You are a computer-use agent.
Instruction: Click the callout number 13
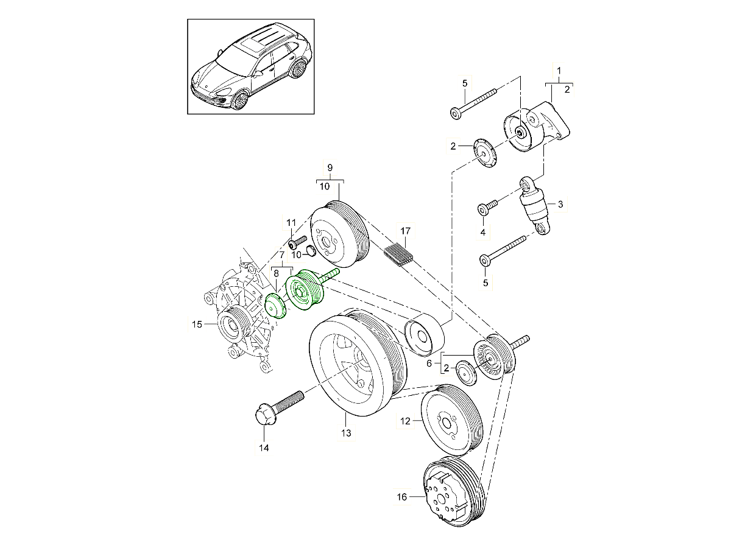[x=346, y=434]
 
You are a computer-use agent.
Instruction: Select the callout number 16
[x=401, y=497]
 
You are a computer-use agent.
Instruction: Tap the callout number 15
[x=197, y=325]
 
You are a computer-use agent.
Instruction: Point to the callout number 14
[x=264, y=448]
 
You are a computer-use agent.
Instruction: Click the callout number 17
[x=406, y=231]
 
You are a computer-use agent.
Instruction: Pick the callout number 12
[x=405, y=420]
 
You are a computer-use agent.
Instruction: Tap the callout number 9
[x=330, y=167]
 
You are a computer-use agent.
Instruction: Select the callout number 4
[x=482, y=232]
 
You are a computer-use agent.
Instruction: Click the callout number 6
[x=429, y=364]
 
